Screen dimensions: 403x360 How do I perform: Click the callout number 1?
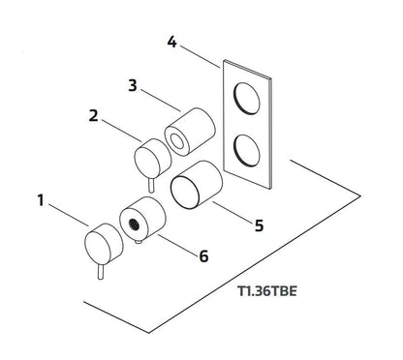(41, 200)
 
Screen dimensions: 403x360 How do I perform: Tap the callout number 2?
(93, 115)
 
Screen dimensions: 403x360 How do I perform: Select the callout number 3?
(133, 85)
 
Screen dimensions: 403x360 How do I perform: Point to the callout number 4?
(172, 42)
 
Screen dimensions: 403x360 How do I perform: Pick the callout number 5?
(259, 225)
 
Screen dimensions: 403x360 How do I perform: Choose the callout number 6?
(203, 256)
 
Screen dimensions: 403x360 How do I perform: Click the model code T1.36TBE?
(267, 291)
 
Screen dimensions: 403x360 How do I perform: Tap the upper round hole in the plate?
(246, 99)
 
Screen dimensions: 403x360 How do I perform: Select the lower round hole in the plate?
(246, 151)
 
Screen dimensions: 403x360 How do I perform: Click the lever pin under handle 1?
(101, 272)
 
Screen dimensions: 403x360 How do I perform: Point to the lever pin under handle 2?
(151, 185)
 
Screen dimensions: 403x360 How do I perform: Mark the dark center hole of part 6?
(134, 225)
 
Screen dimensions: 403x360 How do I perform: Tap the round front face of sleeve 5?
(185, 193)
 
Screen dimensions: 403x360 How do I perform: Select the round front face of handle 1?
(98, 246)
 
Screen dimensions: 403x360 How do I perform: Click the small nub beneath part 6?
(139, 241)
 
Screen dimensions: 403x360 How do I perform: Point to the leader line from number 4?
(200, 57)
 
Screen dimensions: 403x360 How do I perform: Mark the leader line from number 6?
(178, 245)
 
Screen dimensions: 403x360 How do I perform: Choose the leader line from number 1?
(69, 215)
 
